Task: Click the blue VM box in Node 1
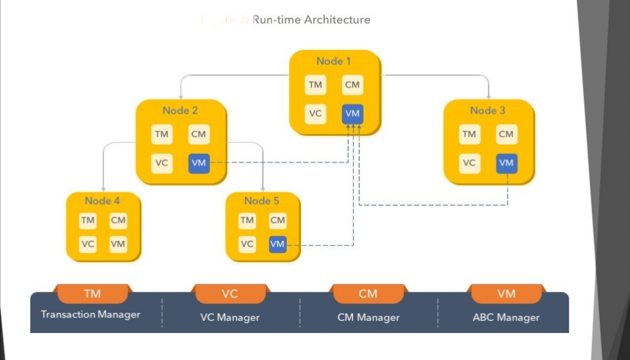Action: click(x=352, y=113)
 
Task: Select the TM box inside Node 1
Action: click(x=316, y=85)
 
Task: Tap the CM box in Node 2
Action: click(x=199, y=134)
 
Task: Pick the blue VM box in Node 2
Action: click(x=199, y=163)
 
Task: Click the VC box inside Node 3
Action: click(x=469, y=163)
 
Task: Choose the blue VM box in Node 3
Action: click(x=506, y=163)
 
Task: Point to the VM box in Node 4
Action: click(x=118, y=243)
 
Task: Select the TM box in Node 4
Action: click(x=88, y=220)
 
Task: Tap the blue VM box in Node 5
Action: click(x=278, y=243)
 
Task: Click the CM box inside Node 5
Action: click(x=278, y=220)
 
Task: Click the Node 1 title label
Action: click(x=334, y=61)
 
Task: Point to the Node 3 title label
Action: click(x=488, y=110)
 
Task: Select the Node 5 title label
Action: click(x=262, y=201)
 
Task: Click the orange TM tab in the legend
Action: click(x=93, y=294)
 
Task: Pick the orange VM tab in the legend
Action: click(x=506, y=294)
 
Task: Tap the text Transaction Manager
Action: click(x=91, y=315)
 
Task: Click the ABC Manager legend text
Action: click(x=506, y=317)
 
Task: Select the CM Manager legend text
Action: click(x=368, y=317)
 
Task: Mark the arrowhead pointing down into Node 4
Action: click(x=103, y=189)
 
